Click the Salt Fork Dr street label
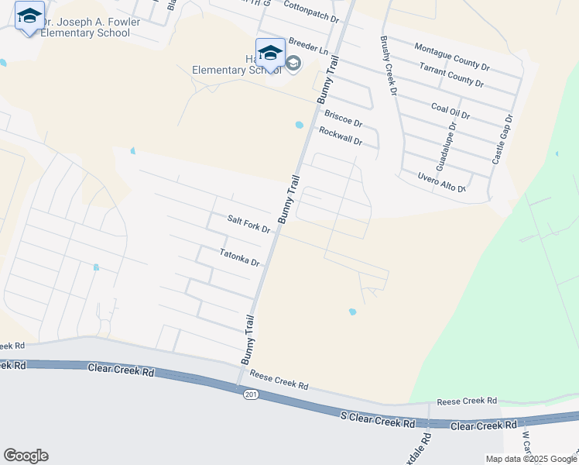(x=248, y=225)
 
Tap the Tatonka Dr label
(x=238, y=257)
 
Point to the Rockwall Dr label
(x=341, y=136)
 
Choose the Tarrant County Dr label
(x=451, y=76)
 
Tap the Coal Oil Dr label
(x=451, y=109)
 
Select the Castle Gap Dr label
(x=502, y=139)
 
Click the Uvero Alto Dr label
(x=440, y=183)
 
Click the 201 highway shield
(x=250, y=394)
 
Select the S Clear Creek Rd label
(x=378, y=419)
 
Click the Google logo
(x=26, y=456)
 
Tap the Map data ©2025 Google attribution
(x=531, y=459)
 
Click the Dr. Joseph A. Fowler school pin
(x=29, y=17)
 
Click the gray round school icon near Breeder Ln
(x=293, y=63)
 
